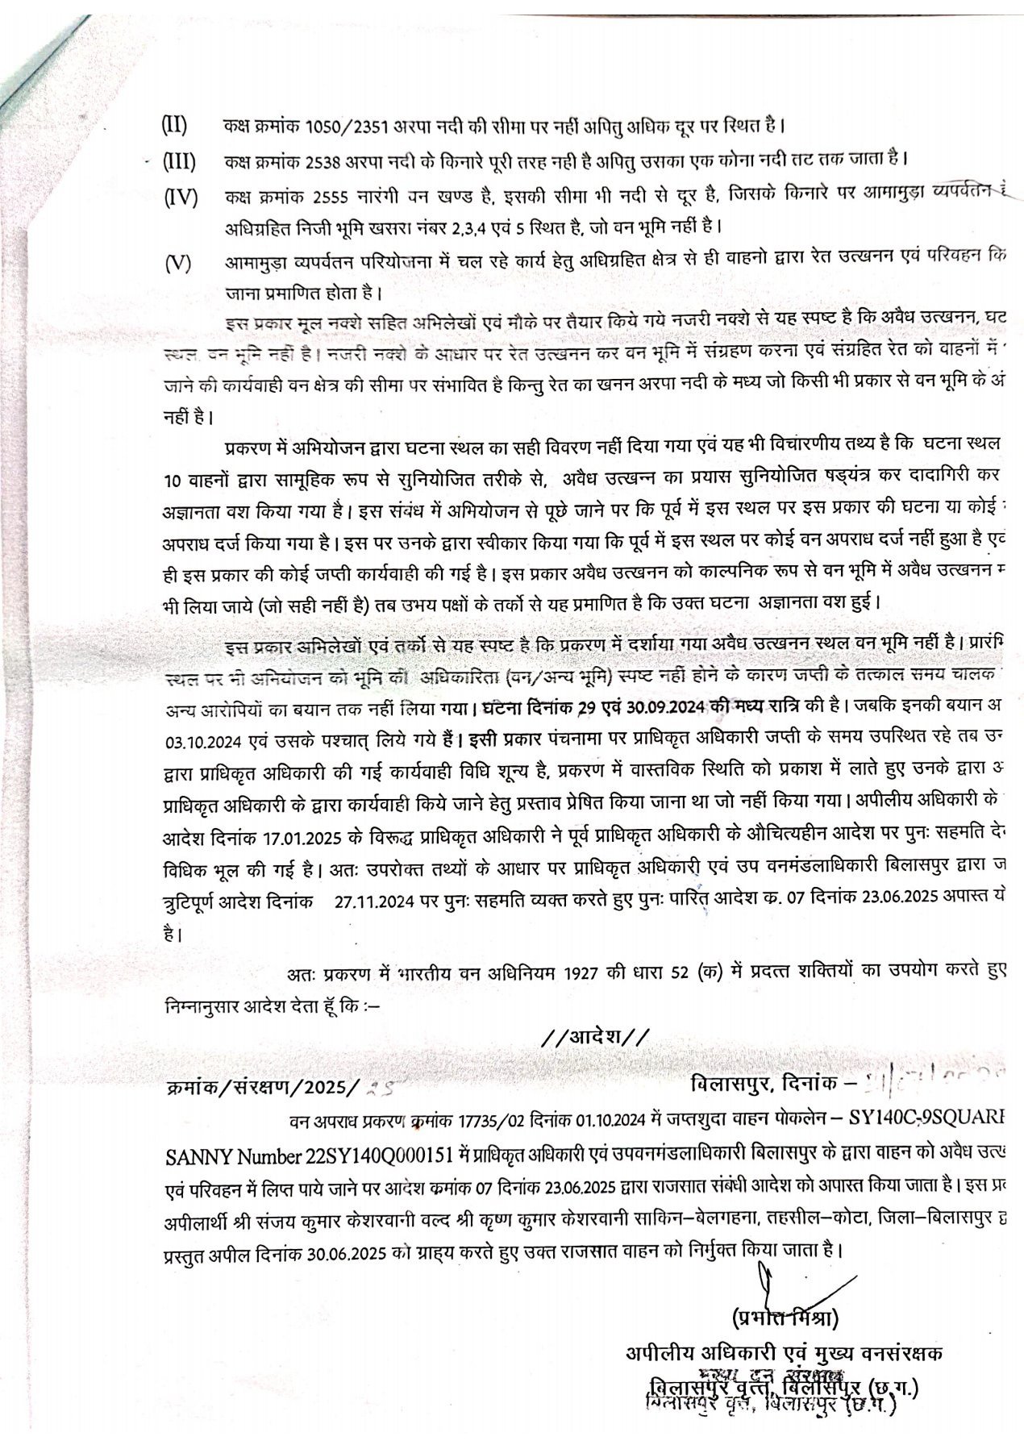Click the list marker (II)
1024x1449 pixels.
pos(174,127)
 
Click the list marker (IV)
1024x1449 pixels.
pos(180,197)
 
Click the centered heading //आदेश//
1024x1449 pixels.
pos(593,1035)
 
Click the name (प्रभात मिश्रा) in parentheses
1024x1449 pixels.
pos(785,1319)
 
